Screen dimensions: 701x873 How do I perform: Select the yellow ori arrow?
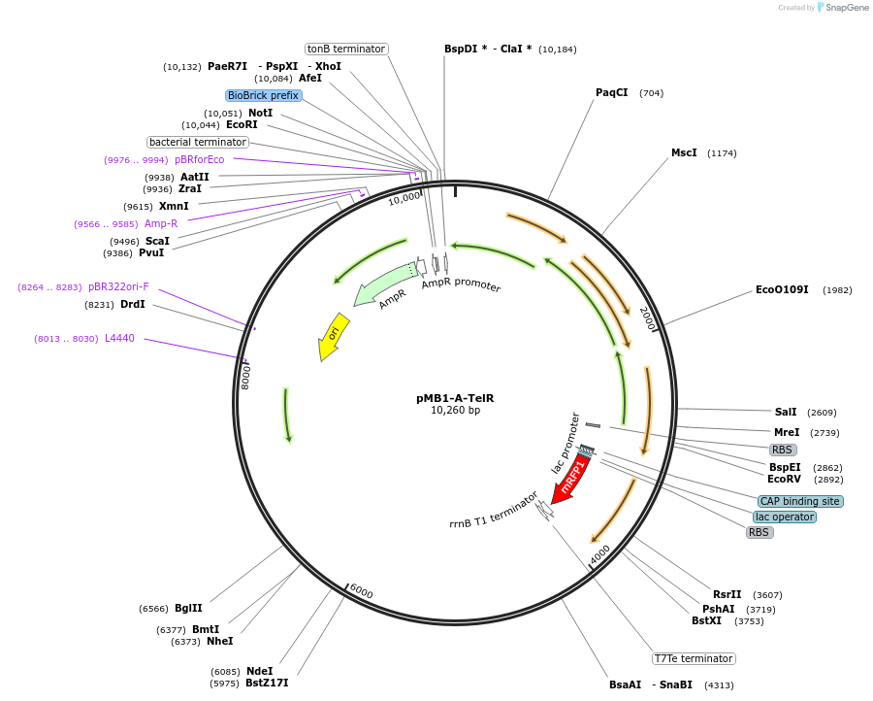(x=333, y=335)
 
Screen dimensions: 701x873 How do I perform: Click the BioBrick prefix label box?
(x=264, y=95)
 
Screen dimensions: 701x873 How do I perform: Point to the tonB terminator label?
(x=346, y=49)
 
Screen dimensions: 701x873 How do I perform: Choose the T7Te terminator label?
(x=694, y=658)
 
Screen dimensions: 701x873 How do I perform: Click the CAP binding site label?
(x=800, y=501)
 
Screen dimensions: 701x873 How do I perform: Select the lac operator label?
(x=785, y=517)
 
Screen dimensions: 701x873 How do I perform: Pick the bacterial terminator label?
(x=198, y=142)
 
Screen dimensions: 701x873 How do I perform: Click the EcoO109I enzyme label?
(x=782, y=289)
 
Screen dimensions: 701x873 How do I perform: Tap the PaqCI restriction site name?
(x=611, y=92)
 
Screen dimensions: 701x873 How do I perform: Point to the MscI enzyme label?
(x=684, y=152)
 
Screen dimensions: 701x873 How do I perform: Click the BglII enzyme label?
(x=188, y=608)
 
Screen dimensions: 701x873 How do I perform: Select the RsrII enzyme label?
(x=727, y=594)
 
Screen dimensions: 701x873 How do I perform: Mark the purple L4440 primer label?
(x=120, y=338)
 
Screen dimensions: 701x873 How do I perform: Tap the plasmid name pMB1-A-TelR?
(x=455, y=398)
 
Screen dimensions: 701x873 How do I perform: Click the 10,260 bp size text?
(x=455, y=411)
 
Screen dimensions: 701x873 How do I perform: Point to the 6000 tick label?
(x=361, y=592)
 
